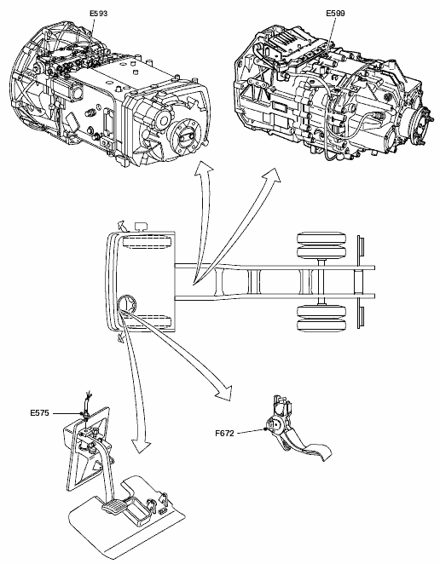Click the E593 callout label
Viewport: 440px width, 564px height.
point(98,14)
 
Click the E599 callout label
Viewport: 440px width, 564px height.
point(335,14)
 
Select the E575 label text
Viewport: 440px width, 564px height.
point(39,413)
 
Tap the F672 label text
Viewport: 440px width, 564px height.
point(224,434)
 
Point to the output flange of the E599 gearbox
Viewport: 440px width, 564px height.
point(422,126)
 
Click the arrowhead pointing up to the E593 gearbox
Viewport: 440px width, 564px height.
point(204,168)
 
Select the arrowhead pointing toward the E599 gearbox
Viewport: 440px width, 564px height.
point(272,175)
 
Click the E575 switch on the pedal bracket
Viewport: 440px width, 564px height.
point(86,416)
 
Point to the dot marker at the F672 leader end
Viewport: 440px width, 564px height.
point(265,429)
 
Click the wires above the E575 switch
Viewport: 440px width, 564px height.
point(88,399)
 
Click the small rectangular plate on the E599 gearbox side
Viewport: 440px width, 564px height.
point(279,106)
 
